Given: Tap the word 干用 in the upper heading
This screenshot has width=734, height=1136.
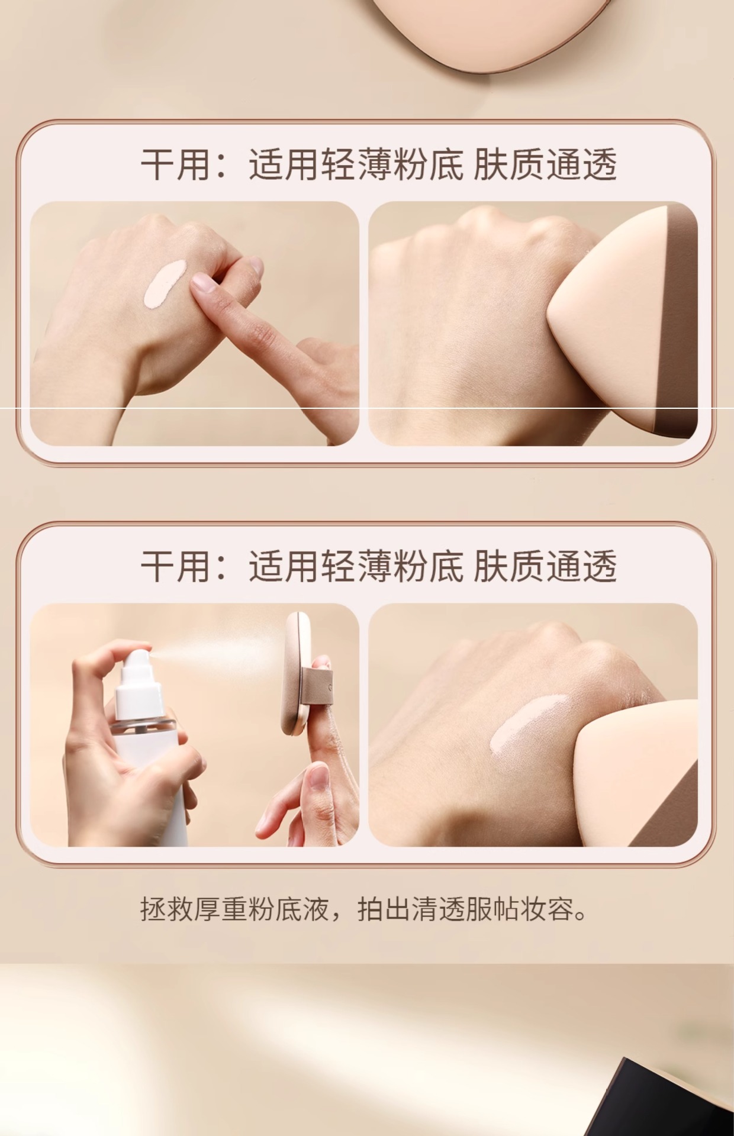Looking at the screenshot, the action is pyautogui.click(x=176, y=164).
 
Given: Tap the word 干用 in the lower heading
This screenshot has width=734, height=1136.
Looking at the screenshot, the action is pyautogui.click(x=176, y=566).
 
